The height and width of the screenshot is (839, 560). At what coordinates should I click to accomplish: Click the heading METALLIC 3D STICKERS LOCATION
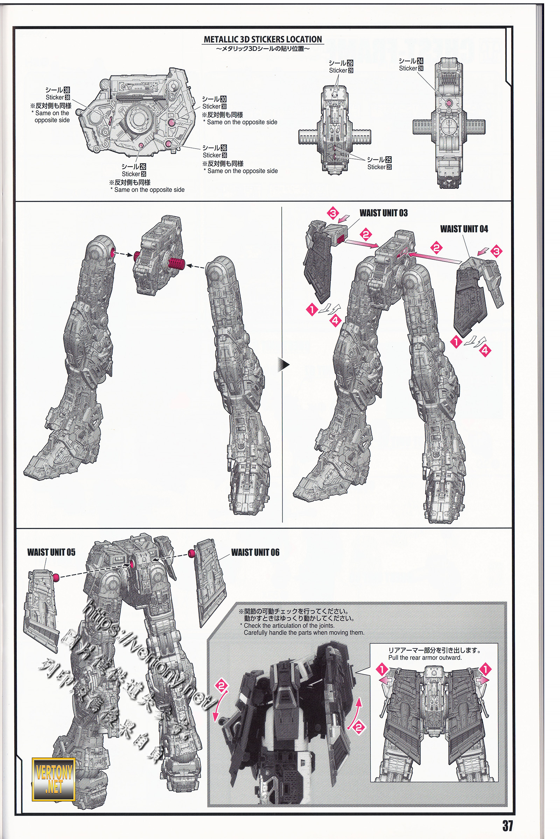click(x=263, y=39)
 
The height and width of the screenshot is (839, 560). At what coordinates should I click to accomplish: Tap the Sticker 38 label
click(x=57, y=97)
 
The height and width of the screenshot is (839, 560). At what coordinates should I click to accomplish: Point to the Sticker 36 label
click(x=215, y=155)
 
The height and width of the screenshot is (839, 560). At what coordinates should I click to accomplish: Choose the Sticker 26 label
click(x=134, y=174)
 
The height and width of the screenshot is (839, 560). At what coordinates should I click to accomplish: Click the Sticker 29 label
click(x=341, y=70)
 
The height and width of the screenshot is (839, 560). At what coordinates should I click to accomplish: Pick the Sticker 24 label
click(x=411, y=68)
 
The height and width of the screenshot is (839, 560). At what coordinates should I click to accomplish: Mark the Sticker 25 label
click(x=379, y=167)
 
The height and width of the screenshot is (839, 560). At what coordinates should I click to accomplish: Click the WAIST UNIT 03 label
click(x=383, y=213)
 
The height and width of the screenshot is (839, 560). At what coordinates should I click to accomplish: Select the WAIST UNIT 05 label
click(x=51, y=553)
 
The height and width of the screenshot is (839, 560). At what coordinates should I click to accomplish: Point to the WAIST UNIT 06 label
click(x=255, y=553)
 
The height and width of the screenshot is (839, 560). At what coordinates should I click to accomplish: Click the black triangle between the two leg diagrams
click(x=284, y=365)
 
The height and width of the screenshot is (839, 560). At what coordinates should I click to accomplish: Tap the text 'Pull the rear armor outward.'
click(x=425, y=658)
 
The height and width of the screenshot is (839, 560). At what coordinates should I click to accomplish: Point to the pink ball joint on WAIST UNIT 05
click(x=56, y=577)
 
